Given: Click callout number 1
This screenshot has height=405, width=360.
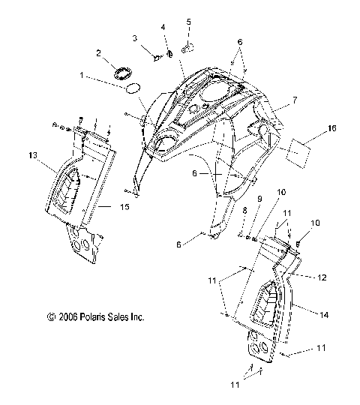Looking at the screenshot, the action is [82, 76].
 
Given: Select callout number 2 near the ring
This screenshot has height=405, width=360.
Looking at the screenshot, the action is [99, 53].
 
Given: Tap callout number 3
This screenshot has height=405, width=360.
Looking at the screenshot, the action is [135, 38].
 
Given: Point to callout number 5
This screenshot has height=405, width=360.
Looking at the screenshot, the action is [188, 22].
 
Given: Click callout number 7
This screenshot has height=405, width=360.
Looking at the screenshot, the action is [295, 100].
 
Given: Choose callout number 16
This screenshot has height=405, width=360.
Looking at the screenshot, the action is [331, 128].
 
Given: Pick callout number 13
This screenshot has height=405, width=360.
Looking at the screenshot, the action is [33, 156].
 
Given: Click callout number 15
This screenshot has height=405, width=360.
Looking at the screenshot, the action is [124, 207].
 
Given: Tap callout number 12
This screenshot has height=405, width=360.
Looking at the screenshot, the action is [322, 277].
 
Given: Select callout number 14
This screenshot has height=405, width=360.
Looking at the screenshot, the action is [324, 315].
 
